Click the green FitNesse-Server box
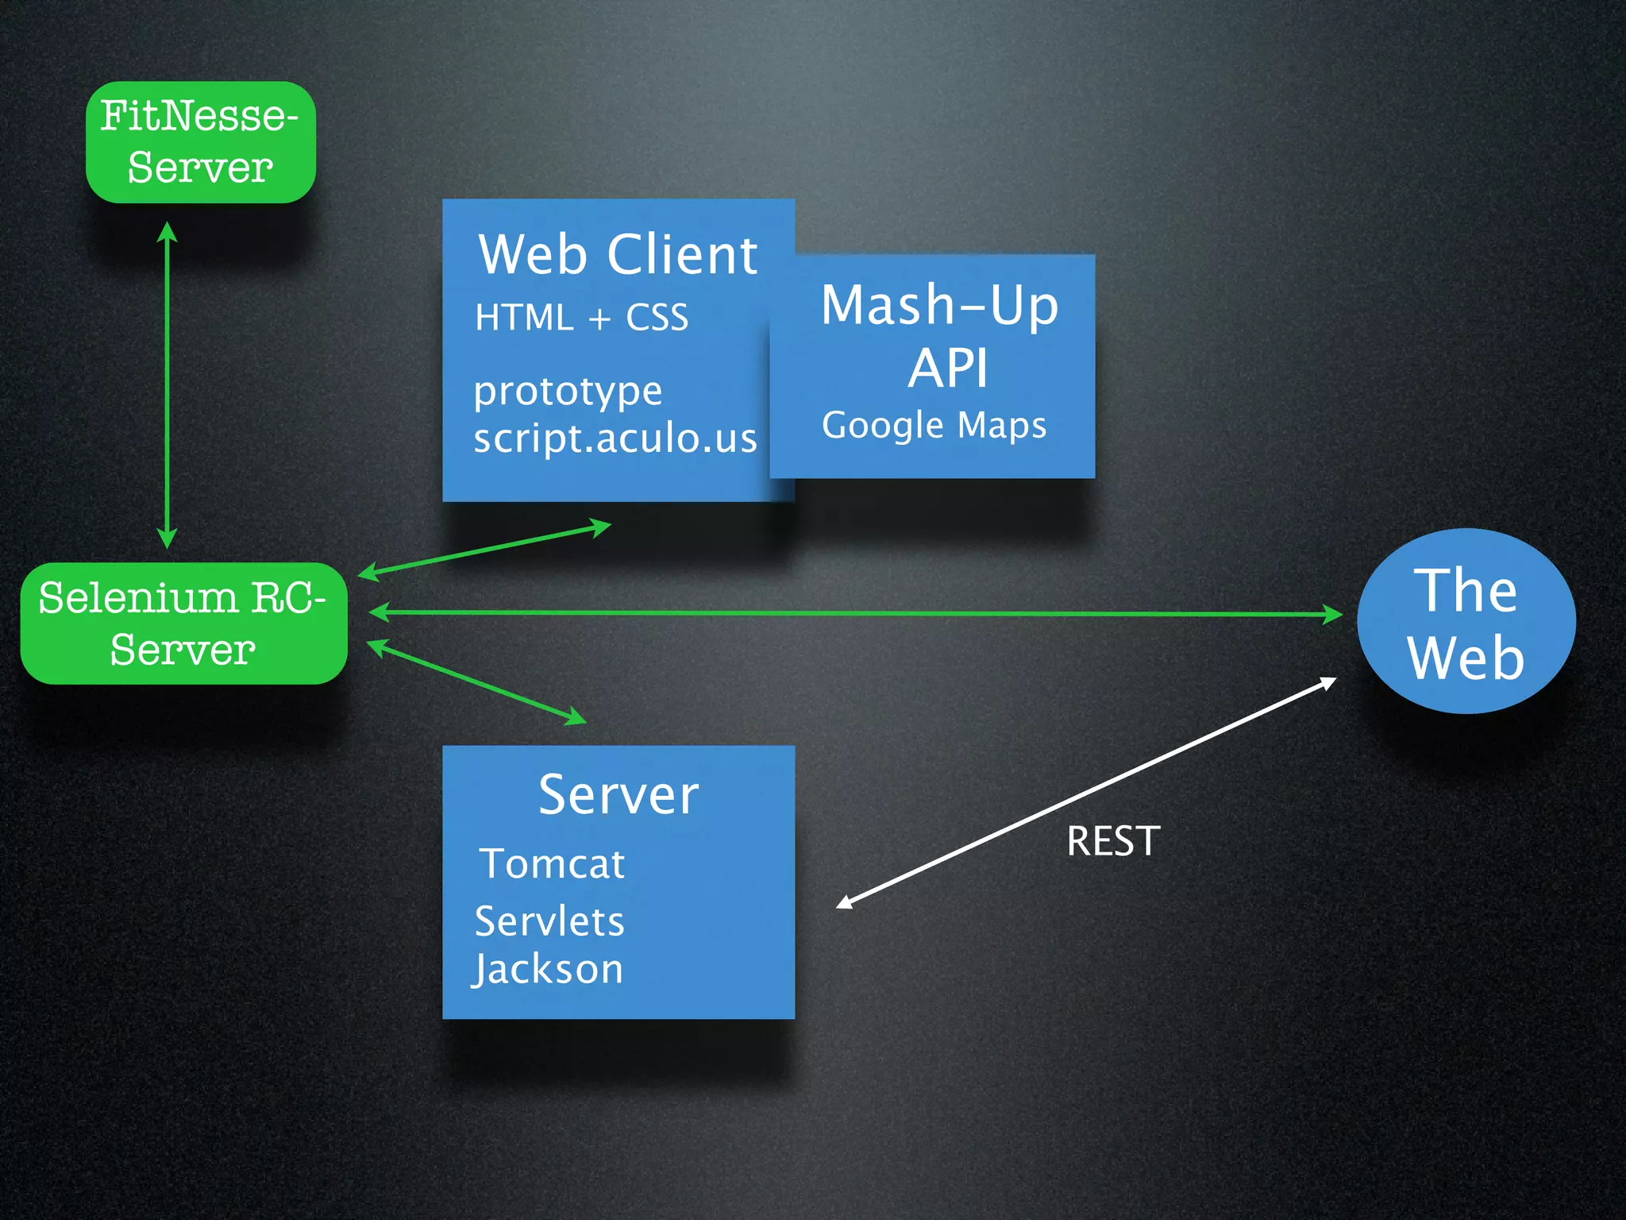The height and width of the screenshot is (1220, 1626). [x=200, y=142]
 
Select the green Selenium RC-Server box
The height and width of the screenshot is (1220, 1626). [x=183, y=624]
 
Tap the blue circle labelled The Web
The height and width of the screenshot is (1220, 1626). [x=1466, y=621]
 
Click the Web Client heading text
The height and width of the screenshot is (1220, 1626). [x=618, y=255]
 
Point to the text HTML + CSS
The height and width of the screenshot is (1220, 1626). [x=581, y=318]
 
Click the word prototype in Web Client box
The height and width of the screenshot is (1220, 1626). [x=568, y=392]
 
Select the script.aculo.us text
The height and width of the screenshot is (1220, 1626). [x=615, y=438]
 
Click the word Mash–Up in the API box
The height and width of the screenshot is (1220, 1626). [x=940, y=305]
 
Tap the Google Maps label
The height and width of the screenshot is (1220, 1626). [x=934, y=425]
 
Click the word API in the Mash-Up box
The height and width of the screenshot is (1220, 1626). [x=948, y=369]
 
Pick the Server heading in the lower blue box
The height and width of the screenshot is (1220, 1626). [x=618, y=794]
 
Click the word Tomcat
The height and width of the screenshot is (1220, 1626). [x=553, y=863]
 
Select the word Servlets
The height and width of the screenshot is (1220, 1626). [x=549, y=921]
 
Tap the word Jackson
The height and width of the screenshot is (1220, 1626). [x=548, y=969]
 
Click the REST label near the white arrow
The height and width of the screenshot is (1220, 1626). [x=1113, y=841]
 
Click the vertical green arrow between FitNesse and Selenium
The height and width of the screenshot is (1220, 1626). [x=167, y=385]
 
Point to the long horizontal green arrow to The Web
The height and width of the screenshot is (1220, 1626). [x=856, y=613]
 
